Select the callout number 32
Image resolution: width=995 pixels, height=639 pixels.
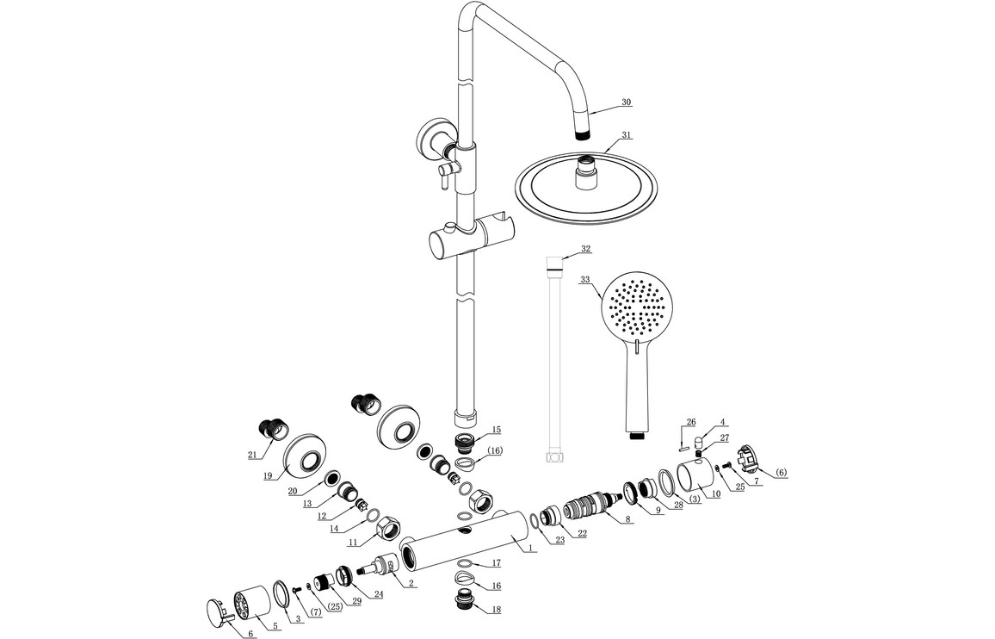(585, 249)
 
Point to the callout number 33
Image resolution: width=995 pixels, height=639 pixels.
(585, 280)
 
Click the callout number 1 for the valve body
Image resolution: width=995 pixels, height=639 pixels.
(530, 549)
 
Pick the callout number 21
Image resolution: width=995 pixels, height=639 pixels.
(253, 454)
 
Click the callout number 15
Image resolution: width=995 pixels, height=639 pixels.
(497, 430)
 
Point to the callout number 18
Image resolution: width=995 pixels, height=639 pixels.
(497, 610)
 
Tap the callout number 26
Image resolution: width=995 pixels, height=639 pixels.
(691, 422)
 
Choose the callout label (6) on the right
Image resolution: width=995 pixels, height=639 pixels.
(781, 473)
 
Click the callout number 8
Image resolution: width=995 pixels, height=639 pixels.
(628, 519)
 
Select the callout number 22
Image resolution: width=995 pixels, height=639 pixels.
(582, 534)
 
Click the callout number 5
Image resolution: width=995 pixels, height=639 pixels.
(275, 627)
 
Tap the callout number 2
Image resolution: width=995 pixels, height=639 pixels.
(412, 584)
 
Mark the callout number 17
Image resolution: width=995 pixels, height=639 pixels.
(497, 562)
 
